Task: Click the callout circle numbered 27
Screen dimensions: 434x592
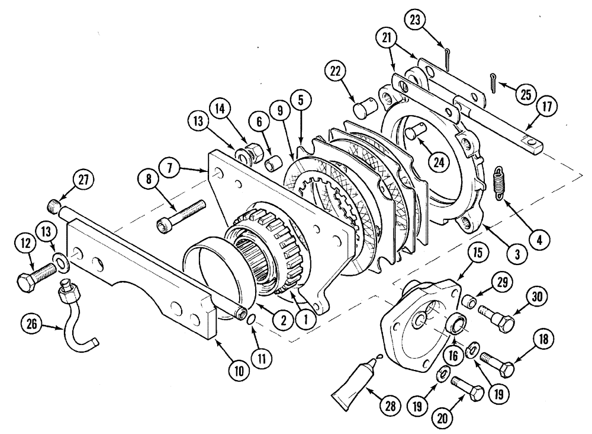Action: click(83, 180)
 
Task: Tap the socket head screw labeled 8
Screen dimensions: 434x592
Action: click(181, 215)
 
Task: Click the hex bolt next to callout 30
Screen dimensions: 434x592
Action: click(494, 315)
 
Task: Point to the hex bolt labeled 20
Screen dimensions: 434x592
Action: click(468, 389)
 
